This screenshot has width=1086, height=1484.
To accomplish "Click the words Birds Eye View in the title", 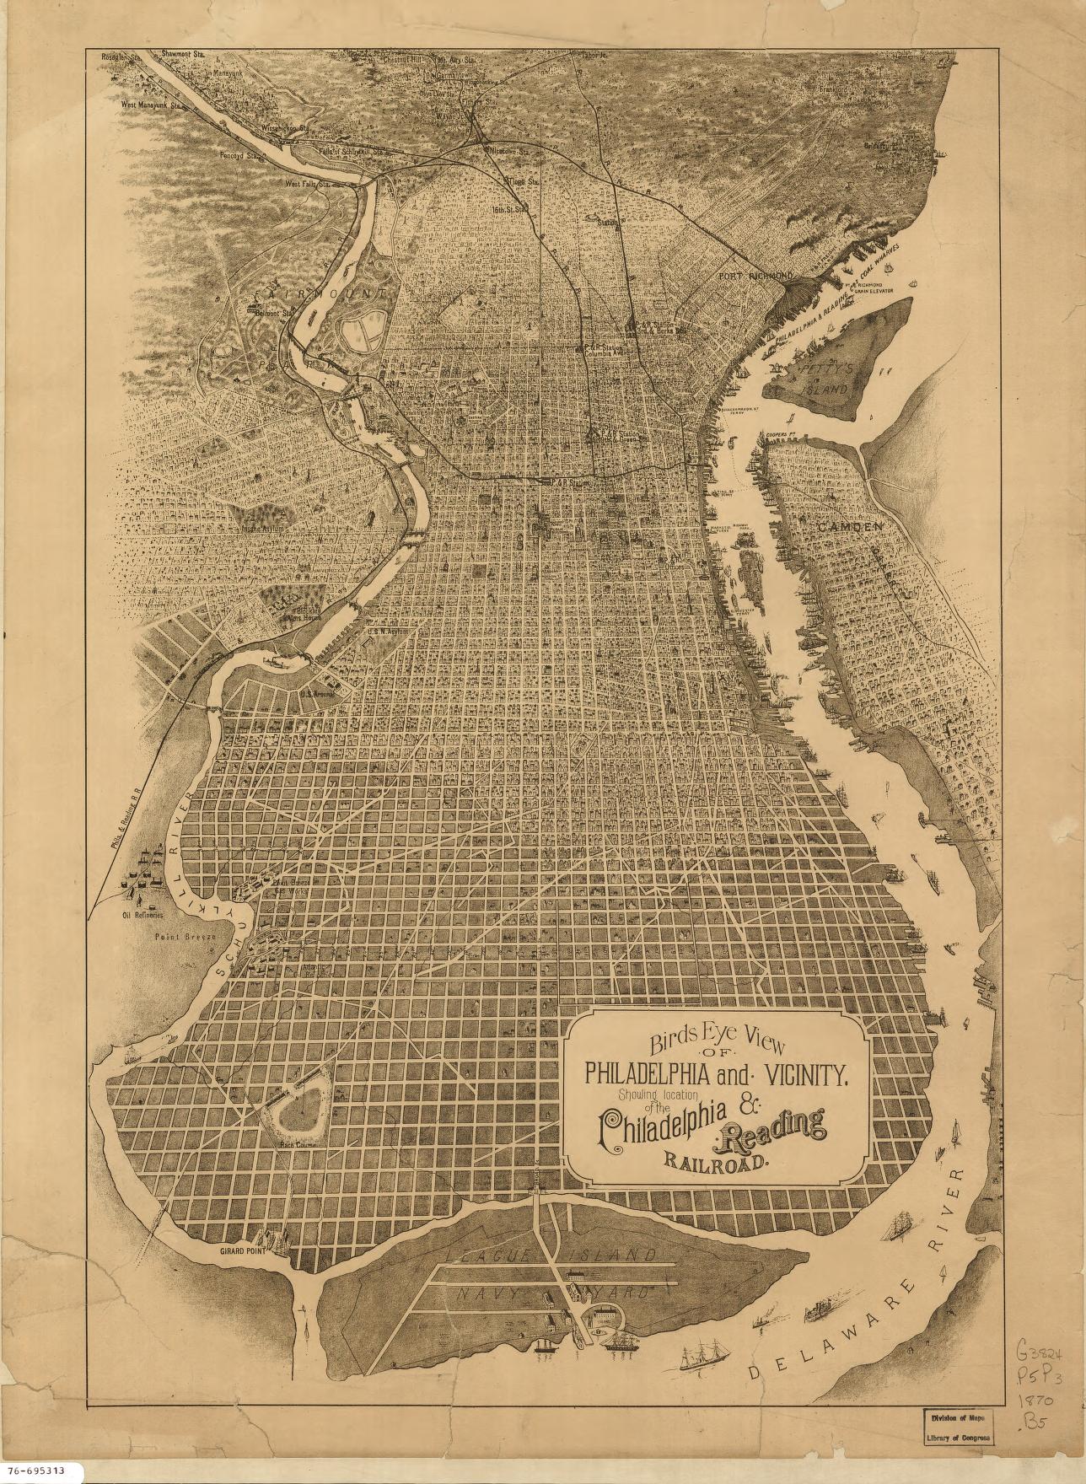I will [716, 1043].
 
